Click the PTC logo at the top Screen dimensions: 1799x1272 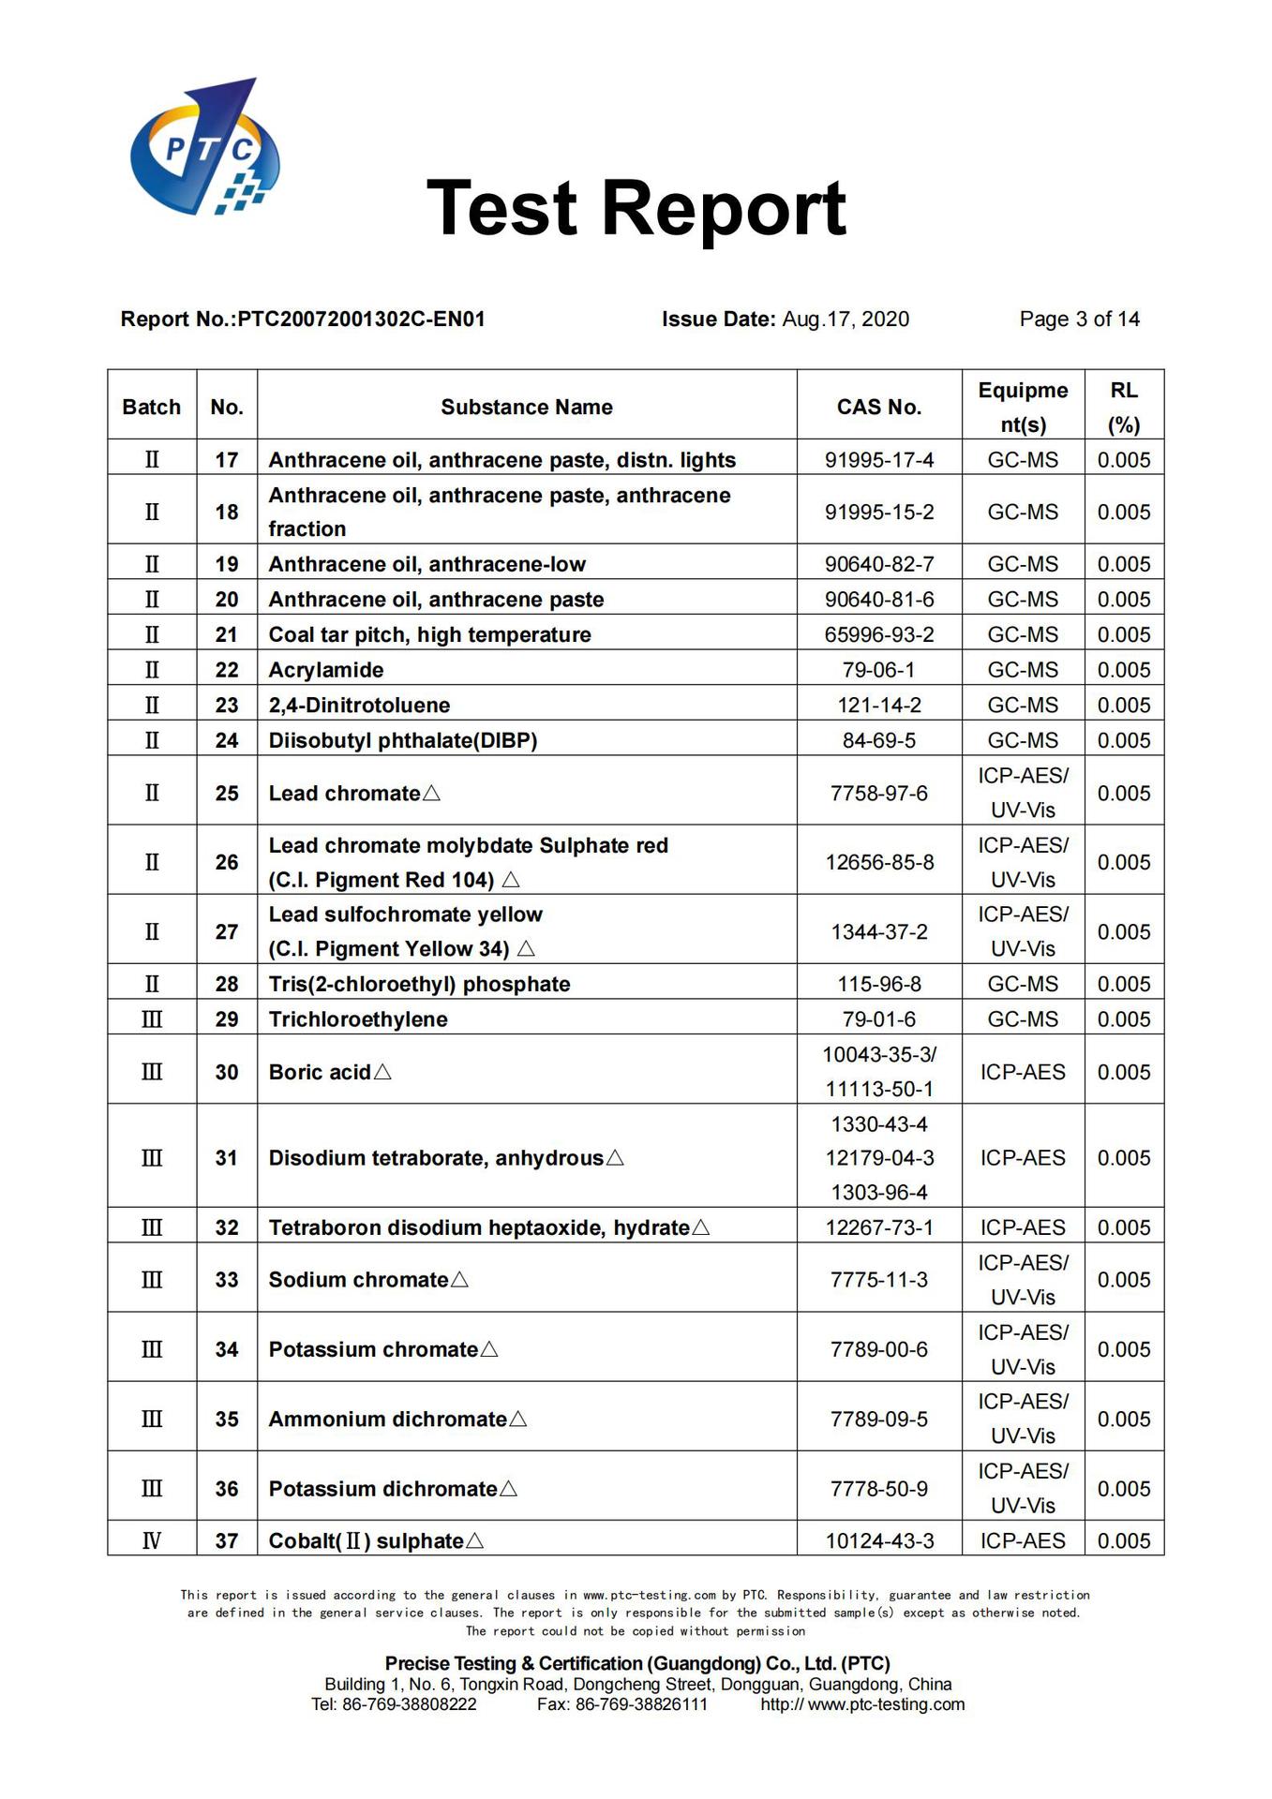tap(204, 147)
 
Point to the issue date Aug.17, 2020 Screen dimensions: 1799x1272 tap(845, 320)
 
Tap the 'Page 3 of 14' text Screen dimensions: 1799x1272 tap(1079, 320)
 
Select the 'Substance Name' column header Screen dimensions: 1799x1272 tap(526, 408)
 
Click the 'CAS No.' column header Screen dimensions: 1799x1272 tap(878, 408)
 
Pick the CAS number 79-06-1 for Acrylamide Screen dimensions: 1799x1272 tap(878, 671)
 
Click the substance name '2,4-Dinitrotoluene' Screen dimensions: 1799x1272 tap(359, 706)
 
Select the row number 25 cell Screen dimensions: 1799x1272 tap(227, 794)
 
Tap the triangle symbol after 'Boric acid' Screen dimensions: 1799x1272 tap(382, 1072)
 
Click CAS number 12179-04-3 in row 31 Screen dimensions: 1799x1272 tap(879, 1158)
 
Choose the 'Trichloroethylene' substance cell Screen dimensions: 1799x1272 tap(358, 1019)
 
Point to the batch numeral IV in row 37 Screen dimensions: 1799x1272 tap(152, 1541)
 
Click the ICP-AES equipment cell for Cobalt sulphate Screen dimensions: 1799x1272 tap(1023, 1541)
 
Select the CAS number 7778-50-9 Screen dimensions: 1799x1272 tap(878, 1489)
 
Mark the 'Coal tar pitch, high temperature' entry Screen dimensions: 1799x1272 tap(429, 635)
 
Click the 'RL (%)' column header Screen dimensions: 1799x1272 tap(1124, 408)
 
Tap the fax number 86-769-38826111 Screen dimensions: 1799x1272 tap(641, 1704)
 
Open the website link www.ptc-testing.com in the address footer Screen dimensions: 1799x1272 tap(886, 1704)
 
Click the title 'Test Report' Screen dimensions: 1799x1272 tap(636, 208)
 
